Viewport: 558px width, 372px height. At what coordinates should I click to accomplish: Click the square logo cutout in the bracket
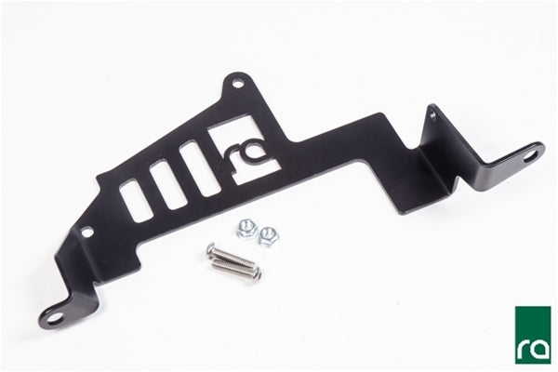(x=243, y=150)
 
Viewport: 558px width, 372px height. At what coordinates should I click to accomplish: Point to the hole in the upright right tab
(x=432, y=114)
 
